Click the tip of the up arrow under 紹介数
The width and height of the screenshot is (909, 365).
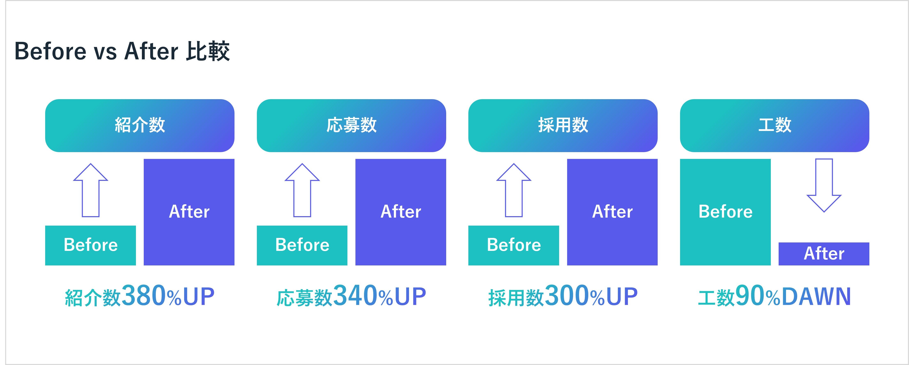[x=91, y=164]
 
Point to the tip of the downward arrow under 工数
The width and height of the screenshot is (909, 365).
[x=824, y=212]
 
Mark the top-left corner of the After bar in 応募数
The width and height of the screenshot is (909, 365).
[x=355, y=159]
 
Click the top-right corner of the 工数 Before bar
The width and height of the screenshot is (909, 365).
[x=771, y=159]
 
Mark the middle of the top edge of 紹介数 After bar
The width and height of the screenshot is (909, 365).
[x=189, y=159]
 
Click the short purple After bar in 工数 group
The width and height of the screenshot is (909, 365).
[x=824, y=254]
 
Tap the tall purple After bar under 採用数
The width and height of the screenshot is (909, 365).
[x=612, y=212]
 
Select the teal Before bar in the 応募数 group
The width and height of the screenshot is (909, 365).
[x=302, y=246]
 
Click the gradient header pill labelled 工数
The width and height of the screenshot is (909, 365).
[x=775, y=126]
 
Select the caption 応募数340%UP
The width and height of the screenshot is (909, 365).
[x=352, y=296]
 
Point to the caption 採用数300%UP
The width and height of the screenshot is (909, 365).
[x=563, y=296]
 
